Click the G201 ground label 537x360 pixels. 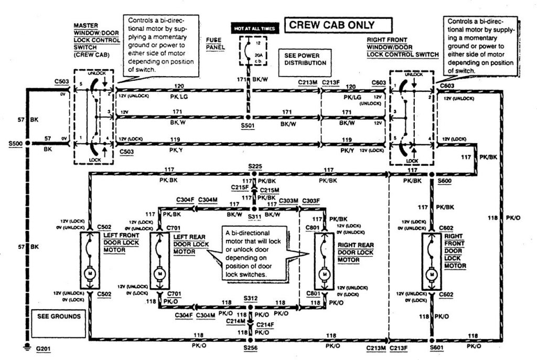[x=45, y=348]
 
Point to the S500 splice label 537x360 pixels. [x=15, y=143]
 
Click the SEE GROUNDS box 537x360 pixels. [x=59, y=316]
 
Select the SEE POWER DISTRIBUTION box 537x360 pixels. [x=305, y=59]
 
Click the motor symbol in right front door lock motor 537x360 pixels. [x=432, y=273]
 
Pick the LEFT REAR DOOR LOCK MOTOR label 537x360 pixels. [x=187, y=244]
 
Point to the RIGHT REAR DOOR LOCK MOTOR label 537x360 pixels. [x=356, y=252]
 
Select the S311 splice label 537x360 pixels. [x=254, y=216]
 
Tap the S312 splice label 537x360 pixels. [x=250, y=298]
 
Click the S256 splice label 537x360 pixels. [x=250, y=348]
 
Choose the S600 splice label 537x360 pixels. [x=444, y=181]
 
